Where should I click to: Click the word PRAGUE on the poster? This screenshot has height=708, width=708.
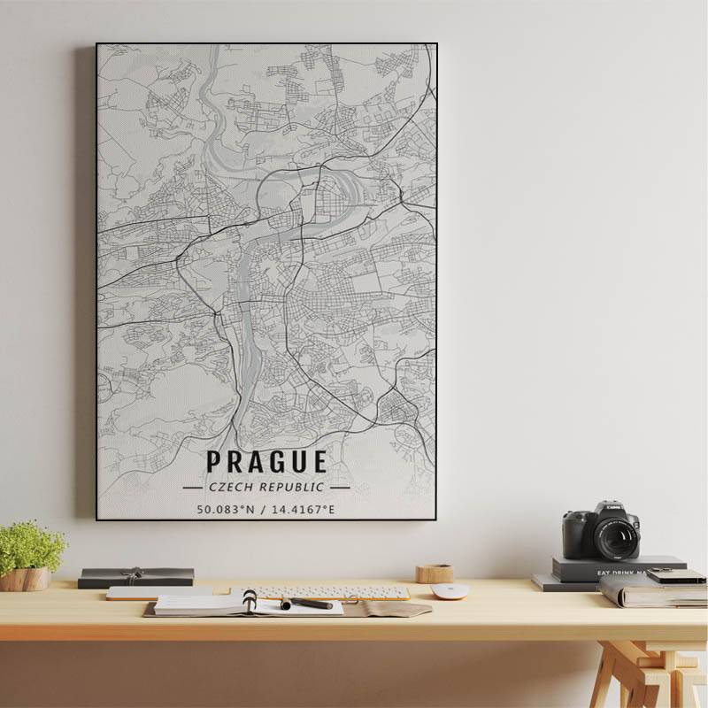(266, 462)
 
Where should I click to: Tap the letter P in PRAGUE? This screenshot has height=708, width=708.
(214, 462)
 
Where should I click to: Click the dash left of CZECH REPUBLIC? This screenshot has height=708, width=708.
(192, 487)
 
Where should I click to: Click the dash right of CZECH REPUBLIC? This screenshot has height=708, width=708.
(340, 487)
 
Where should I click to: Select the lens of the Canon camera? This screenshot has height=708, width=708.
(616, 537)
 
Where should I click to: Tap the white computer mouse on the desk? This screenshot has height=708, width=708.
(449, 591)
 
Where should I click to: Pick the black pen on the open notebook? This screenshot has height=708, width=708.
(307, 604)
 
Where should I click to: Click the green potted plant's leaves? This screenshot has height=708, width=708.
(31, 545)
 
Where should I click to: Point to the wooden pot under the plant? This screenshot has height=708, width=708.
(25, 579)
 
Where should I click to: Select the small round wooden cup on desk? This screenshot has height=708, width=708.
(435, 573)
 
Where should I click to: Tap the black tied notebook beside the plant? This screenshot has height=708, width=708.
(135, 577)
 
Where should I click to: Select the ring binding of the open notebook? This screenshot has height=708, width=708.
(250, 602)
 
